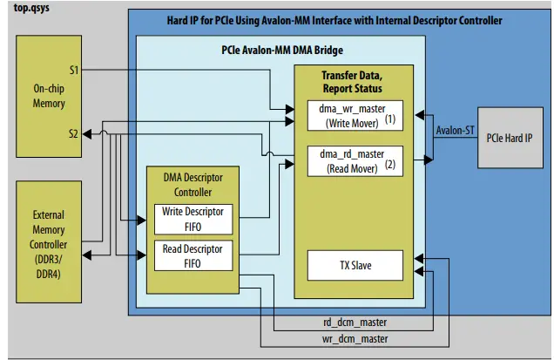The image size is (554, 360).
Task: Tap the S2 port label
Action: click(74, 133)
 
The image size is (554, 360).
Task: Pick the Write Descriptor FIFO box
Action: click(193, 218)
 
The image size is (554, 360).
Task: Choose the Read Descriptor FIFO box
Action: click(193, 255)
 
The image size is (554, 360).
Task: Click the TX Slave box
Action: click(355, 263)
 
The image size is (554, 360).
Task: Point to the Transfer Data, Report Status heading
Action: click(351, 80)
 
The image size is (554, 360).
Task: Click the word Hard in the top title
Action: click(179, 19)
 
